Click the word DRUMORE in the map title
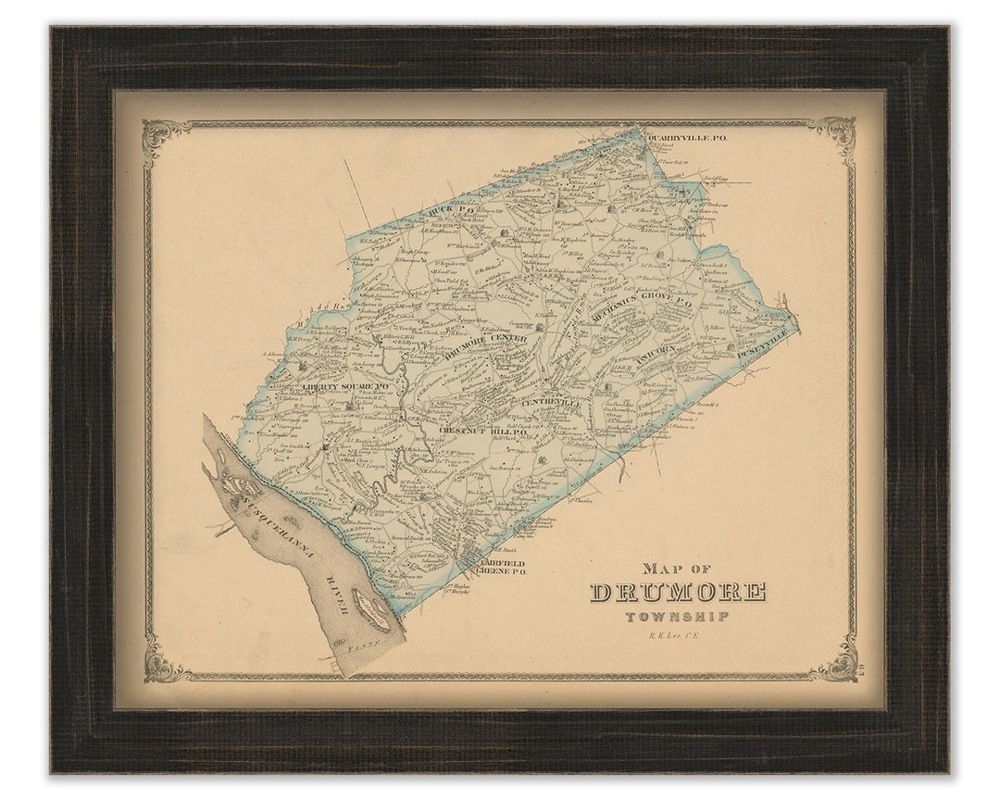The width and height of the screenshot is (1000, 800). click(678, 592)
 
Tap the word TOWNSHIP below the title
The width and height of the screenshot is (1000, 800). click(677, 617)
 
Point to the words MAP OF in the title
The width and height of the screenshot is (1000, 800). click(677, 569)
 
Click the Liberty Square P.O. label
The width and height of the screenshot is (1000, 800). click(344, 386)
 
